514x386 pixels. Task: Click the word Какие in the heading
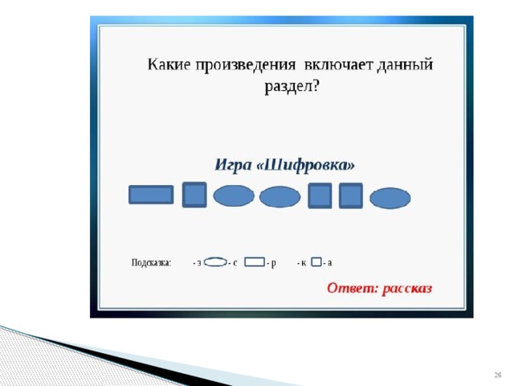pos(169,64)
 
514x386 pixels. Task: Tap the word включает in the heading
pos(339,64)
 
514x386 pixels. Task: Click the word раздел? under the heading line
pos(292,88)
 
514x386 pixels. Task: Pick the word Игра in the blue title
pos(233,165)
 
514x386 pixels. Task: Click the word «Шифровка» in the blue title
pos(305,165)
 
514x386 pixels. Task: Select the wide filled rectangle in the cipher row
pos(151,195)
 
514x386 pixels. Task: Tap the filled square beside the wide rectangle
pos(194,195)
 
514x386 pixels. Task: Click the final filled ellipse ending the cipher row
pos(390,198)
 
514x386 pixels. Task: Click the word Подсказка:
pos(152,263)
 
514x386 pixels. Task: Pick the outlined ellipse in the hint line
pos(215,262)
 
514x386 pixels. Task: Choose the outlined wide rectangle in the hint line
pos(255,261)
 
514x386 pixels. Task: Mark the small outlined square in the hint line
pos(316,262)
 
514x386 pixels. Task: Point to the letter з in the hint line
pos(199,263)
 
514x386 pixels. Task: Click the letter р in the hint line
pos(274,264)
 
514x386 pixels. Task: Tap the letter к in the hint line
pos(304,263)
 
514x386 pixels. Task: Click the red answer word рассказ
pos(407,289)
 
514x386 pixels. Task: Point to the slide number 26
pos(498,375)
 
